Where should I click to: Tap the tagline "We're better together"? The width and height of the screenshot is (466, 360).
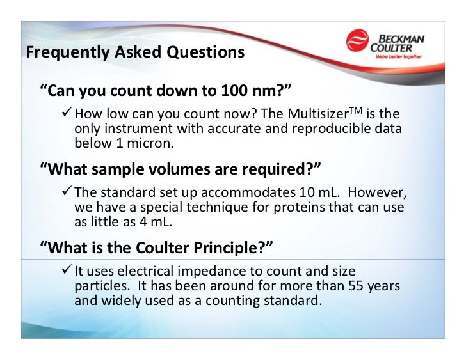pos(402,56)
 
